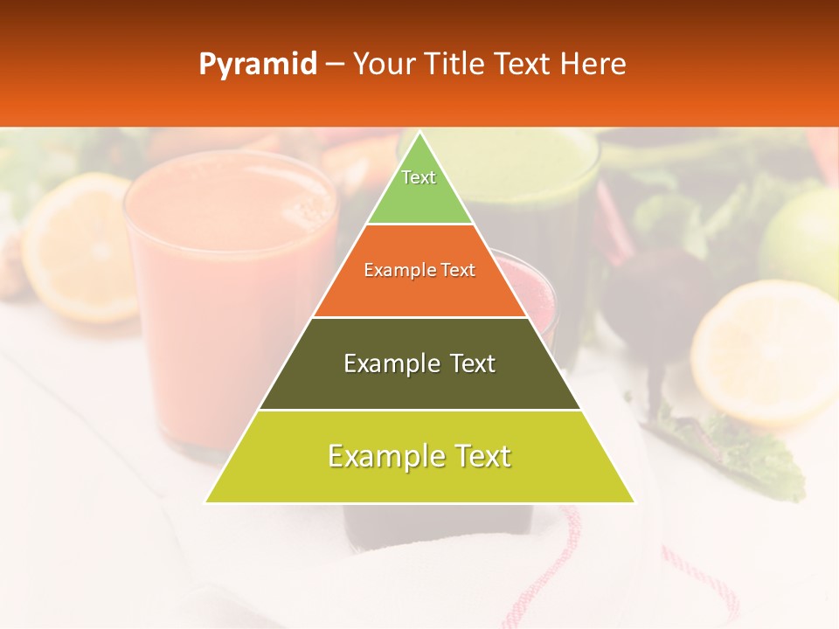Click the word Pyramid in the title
[x=257, y=65]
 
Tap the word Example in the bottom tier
[x=385, y=455]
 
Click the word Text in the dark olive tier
[x=467, y=363]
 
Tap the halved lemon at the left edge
[x=74, y=245]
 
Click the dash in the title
[x=334, y=65]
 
